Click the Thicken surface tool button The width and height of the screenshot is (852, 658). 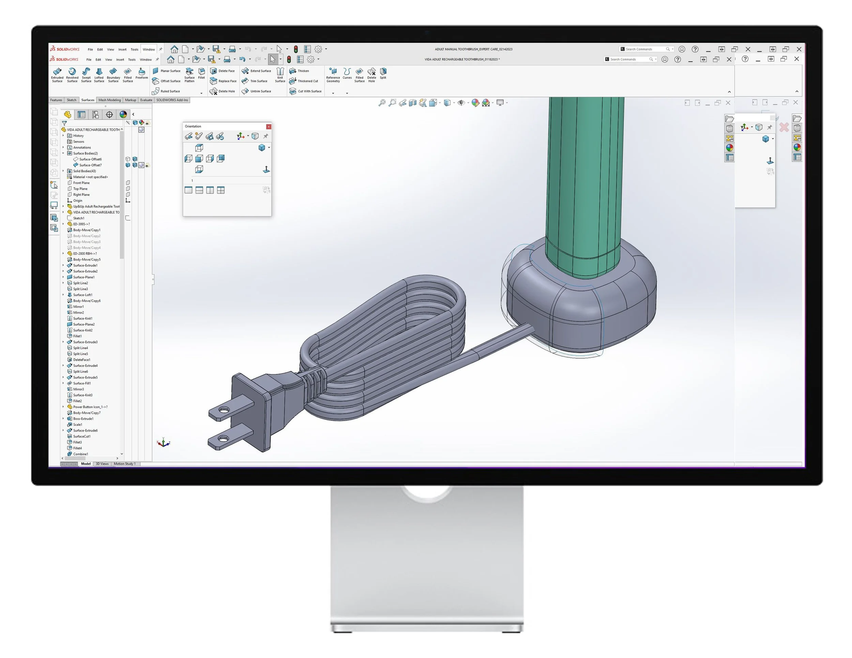tap(299, 71)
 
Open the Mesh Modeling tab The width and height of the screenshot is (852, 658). tap(110, 100)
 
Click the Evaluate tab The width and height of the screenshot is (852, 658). tap(146, 100)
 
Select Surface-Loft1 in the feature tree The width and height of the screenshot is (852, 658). tap(83, 295)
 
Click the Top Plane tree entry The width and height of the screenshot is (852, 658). tap(80, 189)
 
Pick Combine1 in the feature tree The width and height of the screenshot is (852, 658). tap(80, 454)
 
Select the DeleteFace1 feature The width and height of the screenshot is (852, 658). tap(81, 360)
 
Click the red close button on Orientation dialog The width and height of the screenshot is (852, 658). tap(269, 127)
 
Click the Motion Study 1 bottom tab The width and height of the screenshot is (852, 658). tap(124, 464)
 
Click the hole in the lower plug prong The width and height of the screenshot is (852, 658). tap(223, 439)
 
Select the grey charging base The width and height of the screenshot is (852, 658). tap(581, 304)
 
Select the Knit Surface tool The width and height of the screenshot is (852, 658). tap(280, 75)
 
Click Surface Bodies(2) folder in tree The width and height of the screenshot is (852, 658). tap(85, 153)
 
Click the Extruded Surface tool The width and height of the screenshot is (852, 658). tap(57, 75)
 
